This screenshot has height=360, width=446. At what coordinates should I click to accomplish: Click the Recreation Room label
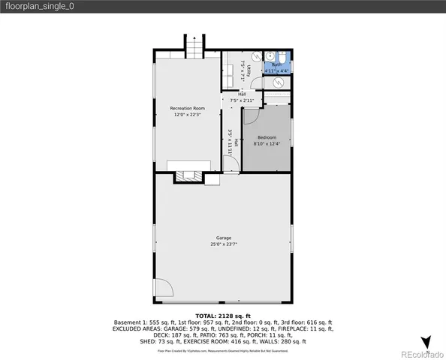pyautogui.click(x=187, y=109)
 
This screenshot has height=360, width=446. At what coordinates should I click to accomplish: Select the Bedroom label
pyautogui.click(x=267, y=137)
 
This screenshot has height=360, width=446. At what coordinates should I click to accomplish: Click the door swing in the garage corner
pyautogui.click(x=164, y=289)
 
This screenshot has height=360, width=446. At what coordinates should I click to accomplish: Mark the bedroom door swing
pyautogui.click(x=251, y=115)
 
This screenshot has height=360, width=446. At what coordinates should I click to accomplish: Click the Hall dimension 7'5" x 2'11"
pyautogui.click(x=242, y=100)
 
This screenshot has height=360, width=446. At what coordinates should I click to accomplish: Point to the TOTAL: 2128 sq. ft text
pyautogui.click(x=223, y=316)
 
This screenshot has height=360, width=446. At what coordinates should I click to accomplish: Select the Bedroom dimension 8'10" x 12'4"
pyautogui.click(x=267, y=144)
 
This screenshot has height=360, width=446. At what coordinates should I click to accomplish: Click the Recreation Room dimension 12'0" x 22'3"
pyautogui.click(x=187, y=115)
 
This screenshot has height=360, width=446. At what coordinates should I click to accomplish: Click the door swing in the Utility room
pyautogui.click(x=255, y=57)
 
